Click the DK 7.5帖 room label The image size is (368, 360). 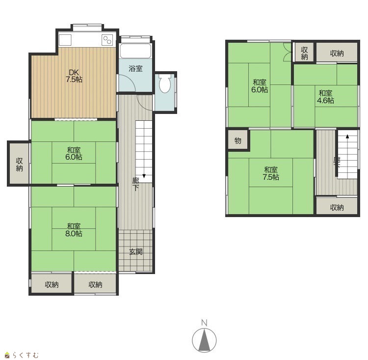tap(74, 76)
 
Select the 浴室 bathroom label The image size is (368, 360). tap(135, 69)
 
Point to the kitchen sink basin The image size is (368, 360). tap(65, 40)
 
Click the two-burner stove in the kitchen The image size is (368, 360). tap(107, 40)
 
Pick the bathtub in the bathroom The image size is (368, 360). tap(135, 51)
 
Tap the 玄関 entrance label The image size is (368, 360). tap(136, 252)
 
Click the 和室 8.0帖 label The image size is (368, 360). tap(74, 230)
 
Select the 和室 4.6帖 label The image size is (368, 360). tap(325, 97)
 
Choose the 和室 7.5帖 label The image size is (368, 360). tap(271, 173)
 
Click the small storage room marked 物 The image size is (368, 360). tap(238, 140)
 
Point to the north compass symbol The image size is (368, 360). tap(205, 340)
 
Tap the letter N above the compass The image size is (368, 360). tap(205, 323)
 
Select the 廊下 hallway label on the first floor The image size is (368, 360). tap(135, 184)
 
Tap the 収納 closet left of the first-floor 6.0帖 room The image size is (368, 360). tap(20, 164)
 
